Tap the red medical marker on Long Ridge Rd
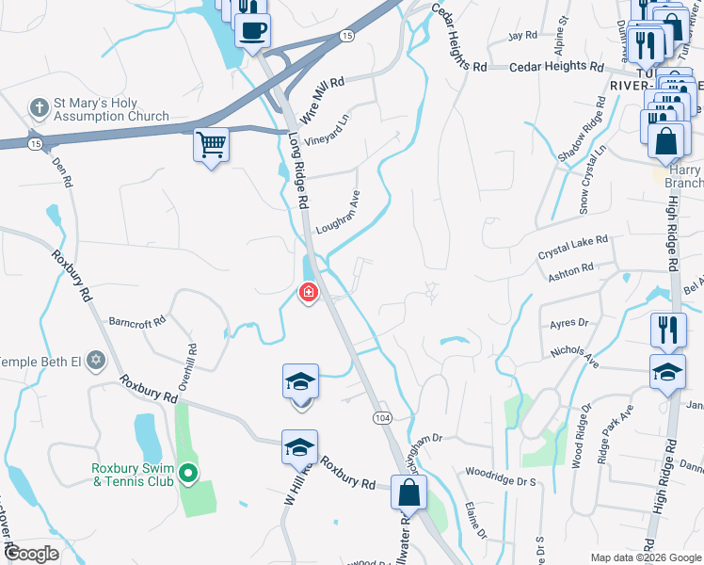click(308, 293)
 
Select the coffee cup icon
click(252, 30)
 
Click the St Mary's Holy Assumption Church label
click(111, 110)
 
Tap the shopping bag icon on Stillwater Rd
click(409, 492)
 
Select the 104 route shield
click(381, 416)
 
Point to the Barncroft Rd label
click(137, 320)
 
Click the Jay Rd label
click(521, 35)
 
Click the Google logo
click(31, 555)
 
